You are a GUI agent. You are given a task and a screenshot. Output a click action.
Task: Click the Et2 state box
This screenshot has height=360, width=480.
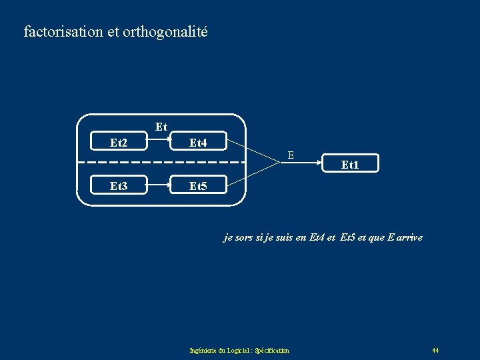tap(119, 142)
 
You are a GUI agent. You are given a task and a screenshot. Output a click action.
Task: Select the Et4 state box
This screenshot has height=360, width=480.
tap(198, 142)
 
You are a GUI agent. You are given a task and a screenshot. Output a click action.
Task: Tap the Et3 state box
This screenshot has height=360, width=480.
tap(119, 186)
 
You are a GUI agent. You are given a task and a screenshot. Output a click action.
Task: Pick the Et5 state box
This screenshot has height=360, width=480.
tap(198, 186)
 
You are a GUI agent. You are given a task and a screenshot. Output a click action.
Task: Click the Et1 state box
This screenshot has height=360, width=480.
tap(350, 163)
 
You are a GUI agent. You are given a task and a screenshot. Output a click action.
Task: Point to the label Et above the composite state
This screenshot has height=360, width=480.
tap(161, 126)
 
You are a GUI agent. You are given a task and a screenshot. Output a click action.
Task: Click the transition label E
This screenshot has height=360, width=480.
tap(291, 155)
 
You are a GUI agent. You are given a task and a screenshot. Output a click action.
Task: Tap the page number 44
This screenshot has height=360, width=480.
tap(435, 350)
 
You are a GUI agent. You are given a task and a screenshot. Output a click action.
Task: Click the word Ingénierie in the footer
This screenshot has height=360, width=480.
tap(203, 350)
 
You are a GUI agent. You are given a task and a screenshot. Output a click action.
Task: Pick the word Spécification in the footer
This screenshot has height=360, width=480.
tap(272, 350)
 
